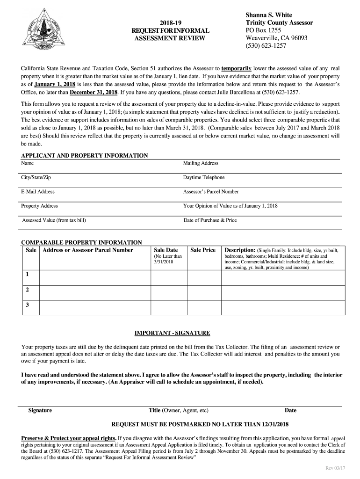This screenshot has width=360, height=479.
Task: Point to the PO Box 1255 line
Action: pyautogui.click(x=264, y=30)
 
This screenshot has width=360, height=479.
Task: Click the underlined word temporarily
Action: pyautogui.click(x=237, y=67)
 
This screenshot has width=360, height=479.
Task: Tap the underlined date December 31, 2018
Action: pyautogui.click(x=94, y=92)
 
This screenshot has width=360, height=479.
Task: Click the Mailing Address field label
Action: pyautogui.click(x=201, y=163)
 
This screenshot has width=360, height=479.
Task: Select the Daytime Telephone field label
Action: pyautogui.click(x=204, y=177)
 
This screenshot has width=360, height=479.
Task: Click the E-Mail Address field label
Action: pyautogui.click(x=38, y=191)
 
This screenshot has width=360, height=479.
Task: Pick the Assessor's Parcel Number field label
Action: pyautogui.click(x=211, y=191)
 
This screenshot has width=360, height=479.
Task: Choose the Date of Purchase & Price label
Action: pyautogui.click(x=210, y=220)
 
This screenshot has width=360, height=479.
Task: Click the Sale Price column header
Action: pyautogui.click(x=203, y=250)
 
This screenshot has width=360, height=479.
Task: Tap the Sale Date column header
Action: pyautogui.click(x=166, y=250)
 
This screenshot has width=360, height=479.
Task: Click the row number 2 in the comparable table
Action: pyautogui.click(x=28, y=290)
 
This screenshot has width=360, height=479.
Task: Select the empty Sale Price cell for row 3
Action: pyautogui.click(x=203, y=306)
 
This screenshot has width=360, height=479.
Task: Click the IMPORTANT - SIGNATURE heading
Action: pyautogui.click(x=173, y=333)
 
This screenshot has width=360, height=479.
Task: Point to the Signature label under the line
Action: pyautogui.click(x=40, y=411)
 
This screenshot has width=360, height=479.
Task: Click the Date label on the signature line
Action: pyautogui.click(x=290, y=411)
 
